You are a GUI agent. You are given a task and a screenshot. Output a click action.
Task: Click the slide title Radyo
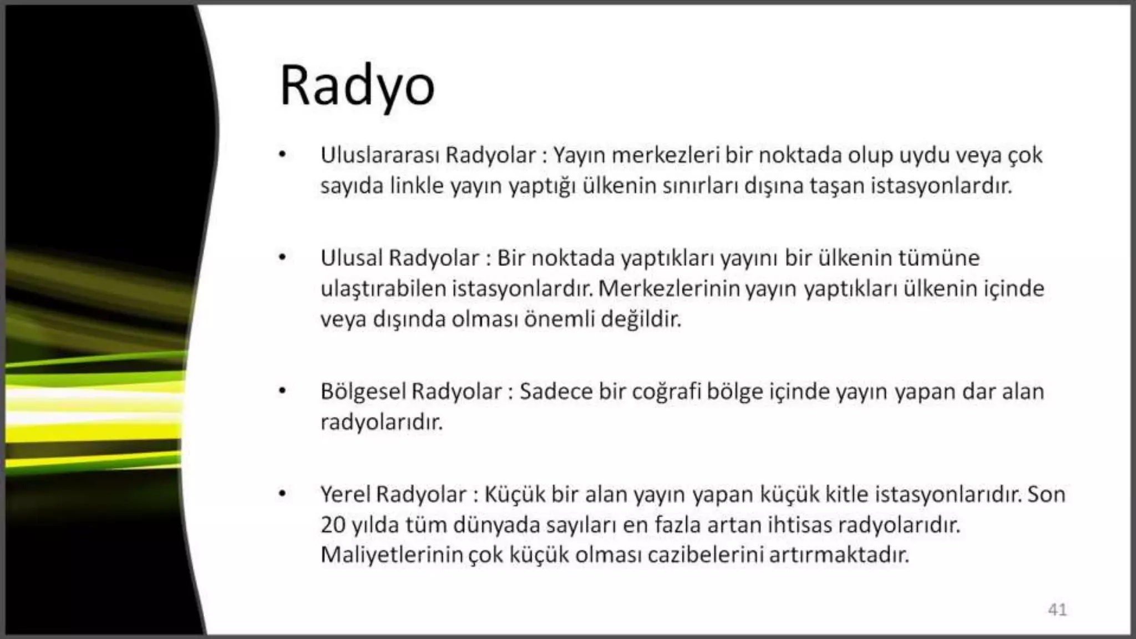point(357,87)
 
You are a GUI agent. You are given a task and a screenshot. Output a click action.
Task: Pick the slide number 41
point(1057,610)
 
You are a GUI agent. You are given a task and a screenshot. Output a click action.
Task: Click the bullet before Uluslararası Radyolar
point(282,155)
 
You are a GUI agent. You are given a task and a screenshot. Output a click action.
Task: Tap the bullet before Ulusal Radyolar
point(282,258)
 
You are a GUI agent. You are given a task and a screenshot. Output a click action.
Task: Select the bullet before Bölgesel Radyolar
point(282,392)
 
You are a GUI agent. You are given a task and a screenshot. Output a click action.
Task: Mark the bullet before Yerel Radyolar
point(282,494)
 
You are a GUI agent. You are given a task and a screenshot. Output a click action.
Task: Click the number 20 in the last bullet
point(333,525)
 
